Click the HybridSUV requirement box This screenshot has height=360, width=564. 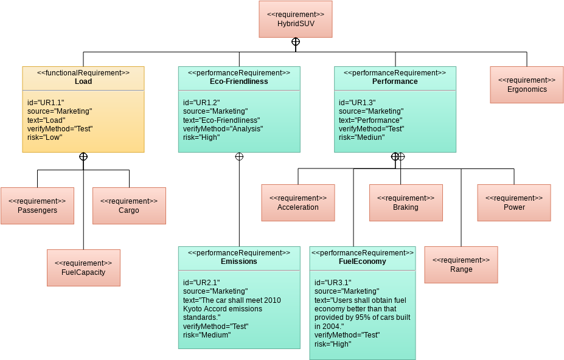tap(295, 19)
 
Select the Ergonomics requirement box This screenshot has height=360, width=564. tap(526, 85)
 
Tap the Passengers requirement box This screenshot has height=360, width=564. tap(37, 206)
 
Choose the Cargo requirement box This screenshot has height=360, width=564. tap(129, 206)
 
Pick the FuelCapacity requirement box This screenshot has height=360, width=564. tap(83, 268)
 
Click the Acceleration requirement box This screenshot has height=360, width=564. tap(298, 202)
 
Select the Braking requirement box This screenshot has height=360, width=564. tap(406, 202)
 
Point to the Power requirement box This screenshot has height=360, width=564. tap(514, 202)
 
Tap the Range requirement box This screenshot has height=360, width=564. tap(461, 265)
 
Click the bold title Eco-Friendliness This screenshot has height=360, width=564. tap(238, 81)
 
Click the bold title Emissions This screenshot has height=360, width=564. tap(238, 261)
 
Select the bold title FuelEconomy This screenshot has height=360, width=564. tap(362, 261)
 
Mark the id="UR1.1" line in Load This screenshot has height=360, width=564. tap(46, 102)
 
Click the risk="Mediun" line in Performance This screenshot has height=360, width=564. tap(362, 137)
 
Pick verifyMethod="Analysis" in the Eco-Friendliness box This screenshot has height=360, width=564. tap(223, 129)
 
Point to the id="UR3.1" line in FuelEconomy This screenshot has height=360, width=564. tap(333, 282)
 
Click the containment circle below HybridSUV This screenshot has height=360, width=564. tap(295, 42)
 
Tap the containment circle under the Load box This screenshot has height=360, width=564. tap(83, 156)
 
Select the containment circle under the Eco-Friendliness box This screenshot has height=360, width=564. tap(239, 156)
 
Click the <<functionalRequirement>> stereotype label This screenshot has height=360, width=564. tap(83, 72)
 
